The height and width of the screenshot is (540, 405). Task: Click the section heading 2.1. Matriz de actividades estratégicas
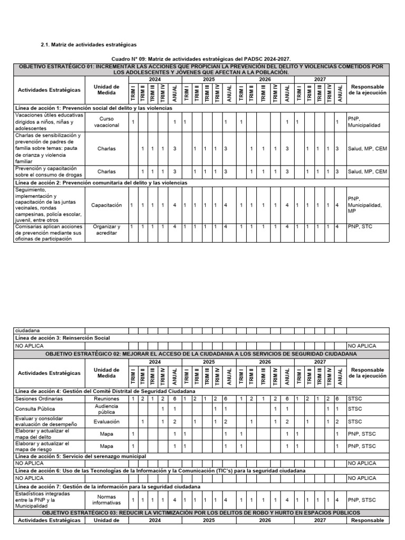[88, 45]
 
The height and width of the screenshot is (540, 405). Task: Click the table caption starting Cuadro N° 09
[201, 59]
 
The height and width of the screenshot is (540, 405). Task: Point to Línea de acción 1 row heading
[93, 108]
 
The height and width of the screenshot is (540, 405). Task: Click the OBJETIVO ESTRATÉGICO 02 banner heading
[201, 353]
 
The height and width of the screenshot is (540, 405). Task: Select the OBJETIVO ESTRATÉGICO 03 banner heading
[201, 513]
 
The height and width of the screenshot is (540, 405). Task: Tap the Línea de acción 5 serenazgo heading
[80, 456]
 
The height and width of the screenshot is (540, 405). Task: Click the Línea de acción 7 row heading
[108, 486]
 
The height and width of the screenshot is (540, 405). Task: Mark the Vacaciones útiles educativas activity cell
[49, 121]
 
